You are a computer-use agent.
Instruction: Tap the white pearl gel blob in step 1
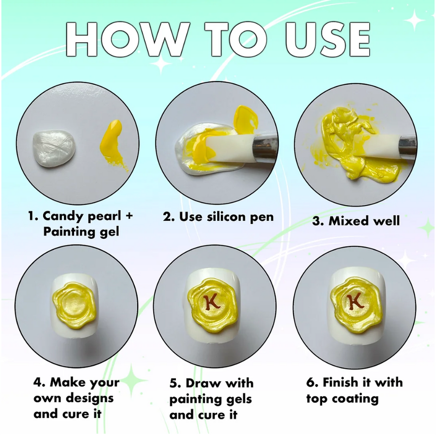pyautogui.click(x=54, y=149)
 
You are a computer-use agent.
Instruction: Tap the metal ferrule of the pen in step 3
pyautogui.click(x=407, y=146)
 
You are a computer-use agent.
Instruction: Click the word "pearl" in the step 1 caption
pyautogui.click(x=104, y=217)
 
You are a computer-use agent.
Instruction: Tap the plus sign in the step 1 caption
pyautogui.click(x=128, y=216)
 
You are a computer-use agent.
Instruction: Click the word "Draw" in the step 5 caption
pyautogui.click(x=202, y=383)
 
